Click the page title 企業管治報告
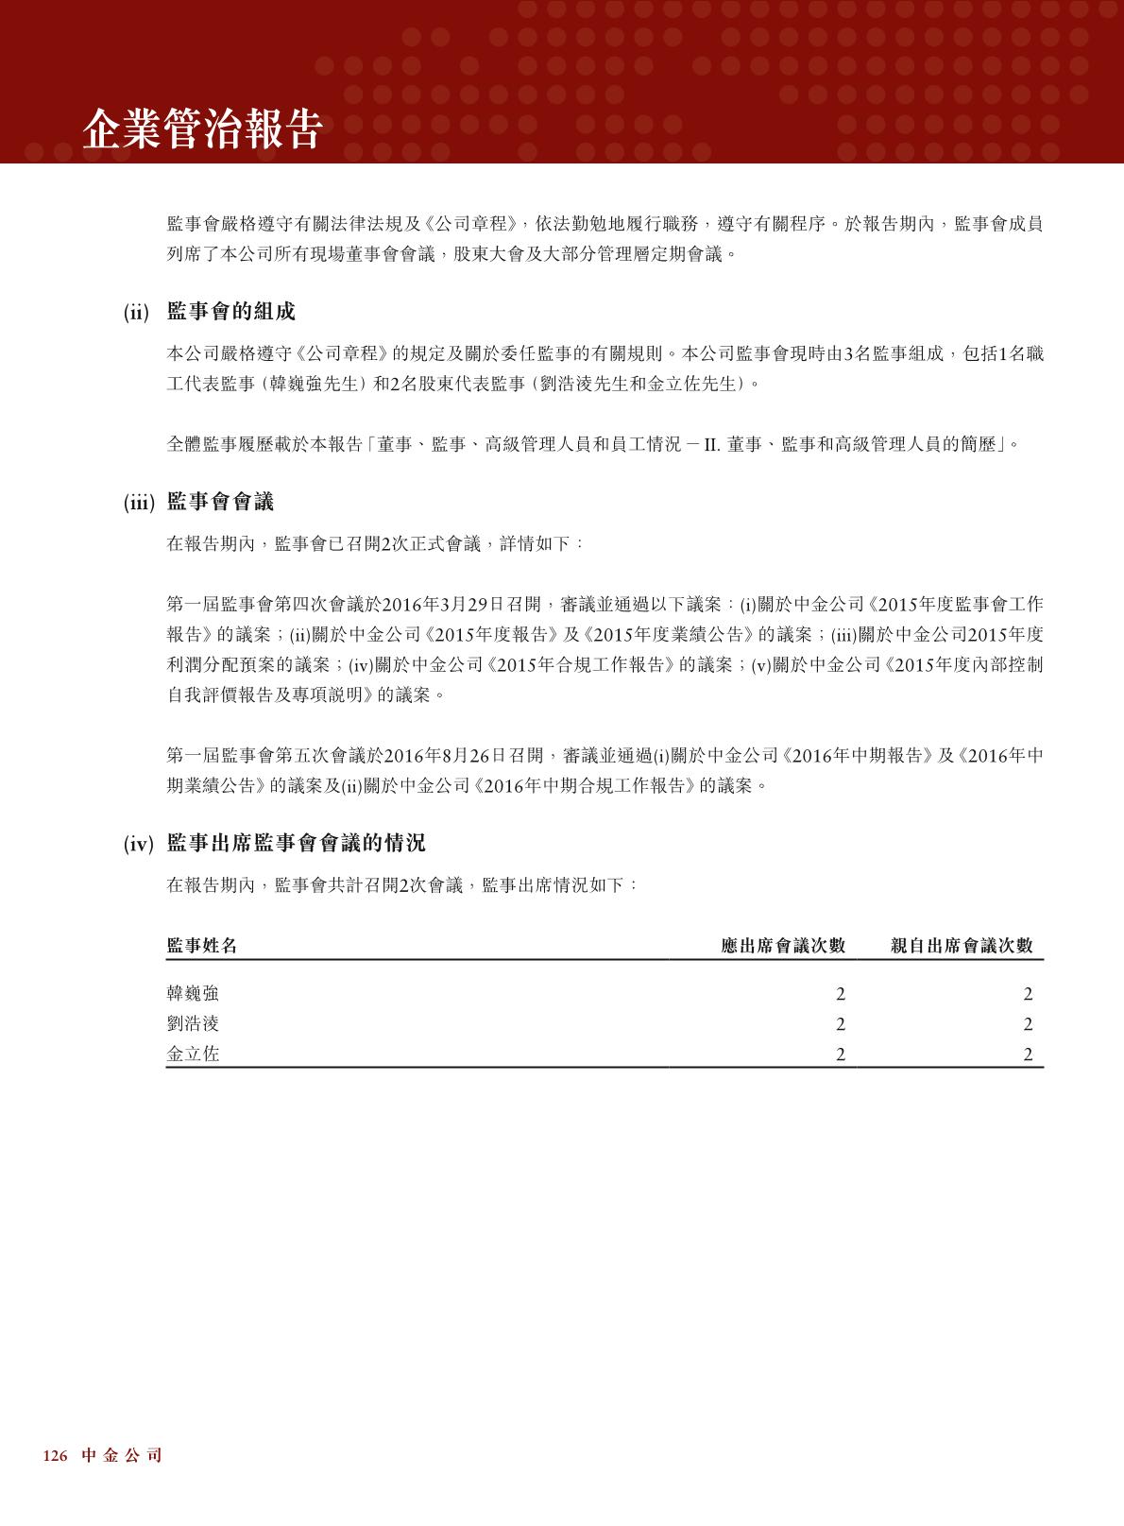(202, 129)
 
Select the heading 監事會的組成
(230, 312)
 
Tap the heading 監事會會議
(220, 503)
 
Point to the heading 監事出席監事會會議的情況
(296, 843)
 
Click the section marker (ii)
(137, 313)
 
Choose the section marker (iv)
(138, 844)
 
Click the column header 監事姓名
(201, 946)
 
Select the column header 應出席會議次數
(782, 946)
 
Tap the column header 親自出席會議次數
(962, 946)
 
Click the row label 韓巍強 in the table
(193, 994)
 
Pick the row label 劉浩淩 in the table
(193, 1024)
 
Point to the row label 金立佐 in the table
(193, 1054)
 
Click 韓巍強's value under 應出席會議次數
(840, 994)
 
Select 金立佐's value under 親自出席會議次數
(1028, 1054)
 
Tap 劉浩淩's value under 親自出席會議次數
(1028, 1024)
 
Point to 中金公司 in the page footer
(122, 1456)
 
